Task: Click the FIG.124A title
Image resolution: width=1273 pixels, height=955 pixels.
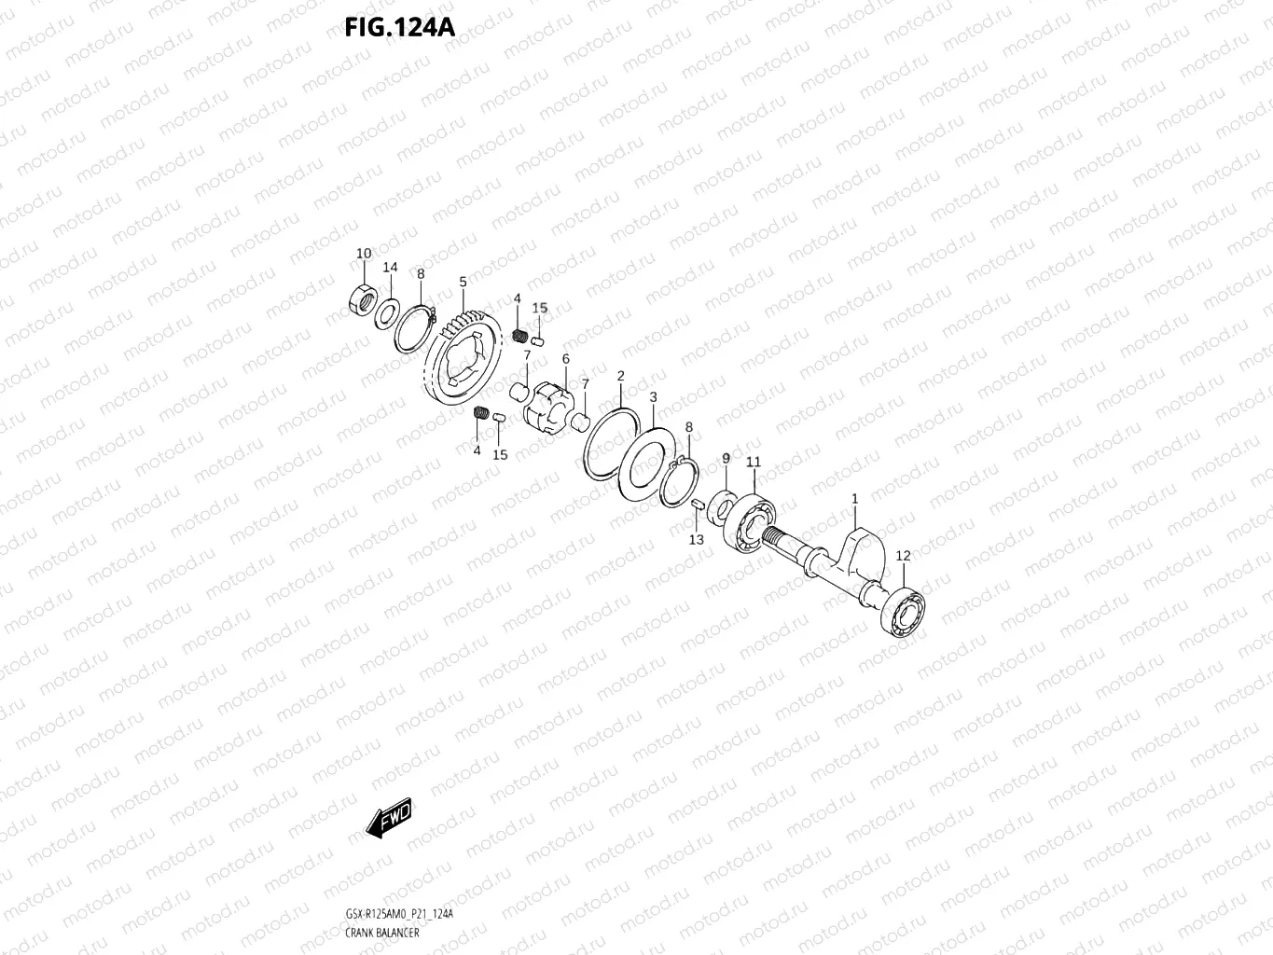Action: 399,27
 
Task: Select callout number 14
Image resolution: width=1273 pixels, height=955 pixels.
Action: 390,268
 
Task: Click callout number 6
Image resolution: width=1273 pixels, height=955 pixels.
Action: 565,359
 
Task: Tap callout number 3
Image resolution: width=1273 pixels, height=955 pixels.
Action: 653,397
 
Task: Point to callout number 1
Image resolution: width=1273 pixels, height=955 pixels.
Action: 854,500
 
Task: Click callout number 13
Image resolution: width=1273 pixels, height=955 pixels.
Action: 696,540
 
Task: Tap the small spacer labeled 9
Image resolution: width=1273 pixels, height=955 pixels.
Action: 723,505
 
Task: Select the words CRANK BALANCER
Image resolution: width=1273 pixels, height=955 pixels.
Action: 381,933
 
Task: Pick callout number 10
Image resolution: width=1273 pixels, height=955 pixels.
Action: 364,254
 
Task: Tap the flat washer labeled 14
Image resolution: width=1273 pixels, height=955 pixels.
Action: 387,311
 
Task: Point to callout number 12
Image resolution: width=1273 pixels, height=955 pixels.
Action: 903,556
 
